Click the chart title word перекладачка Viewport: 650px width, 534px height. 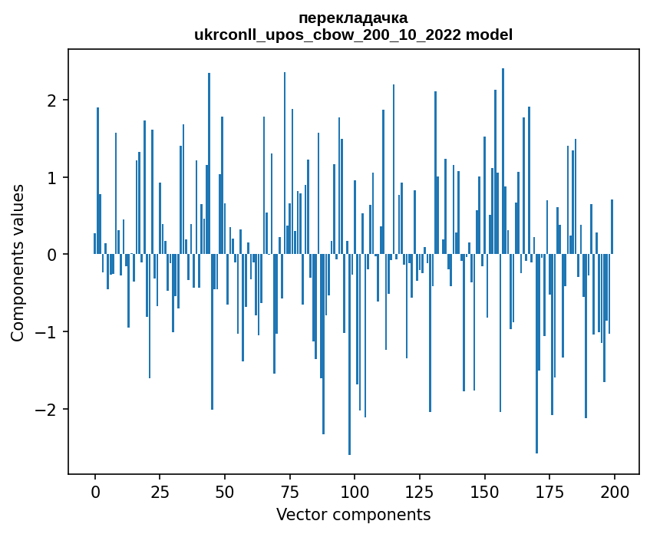pyautogui.click(x=353, y=18)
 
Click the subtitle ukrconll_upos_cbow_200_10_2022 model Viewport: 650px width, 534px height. pyautogui.click(x=353, y=35)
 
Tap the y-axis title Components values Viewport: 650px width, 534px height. pyautogui.click(x=18, y=262)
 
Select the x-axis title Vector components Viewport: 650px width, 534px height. pyautogui.click(x=353, y=514)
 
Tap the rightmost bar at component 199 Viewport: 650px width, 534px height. pyautogui.click(x=612, y=227)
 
